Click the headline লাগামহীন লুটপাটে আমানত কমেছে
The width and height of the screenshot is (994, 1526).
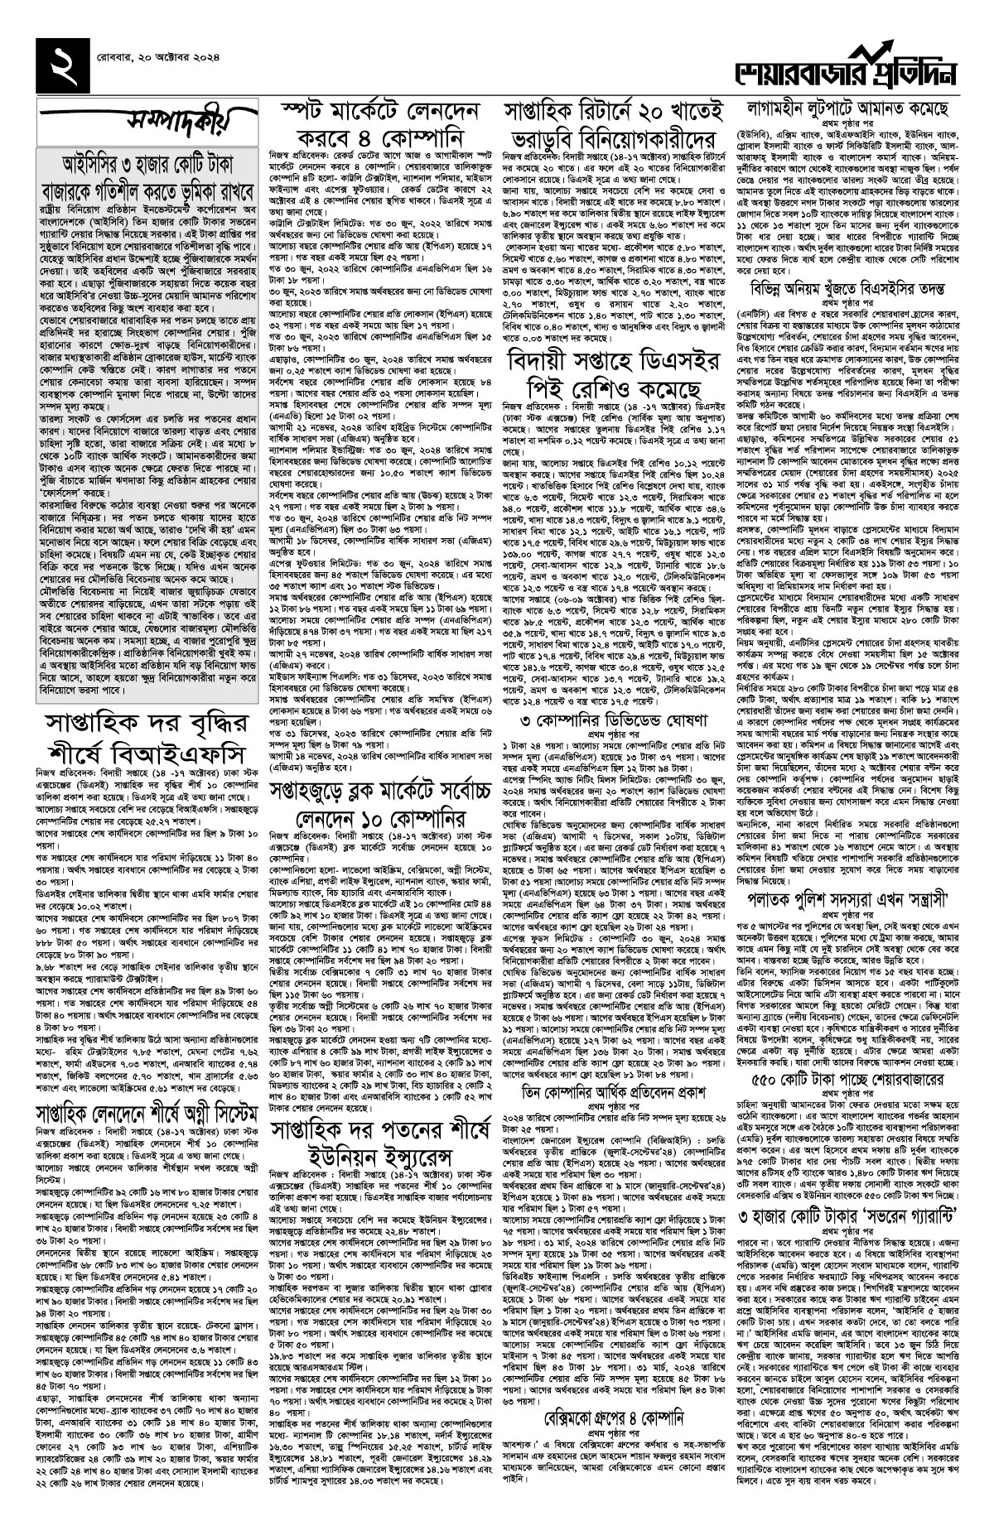click(854, 108)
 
